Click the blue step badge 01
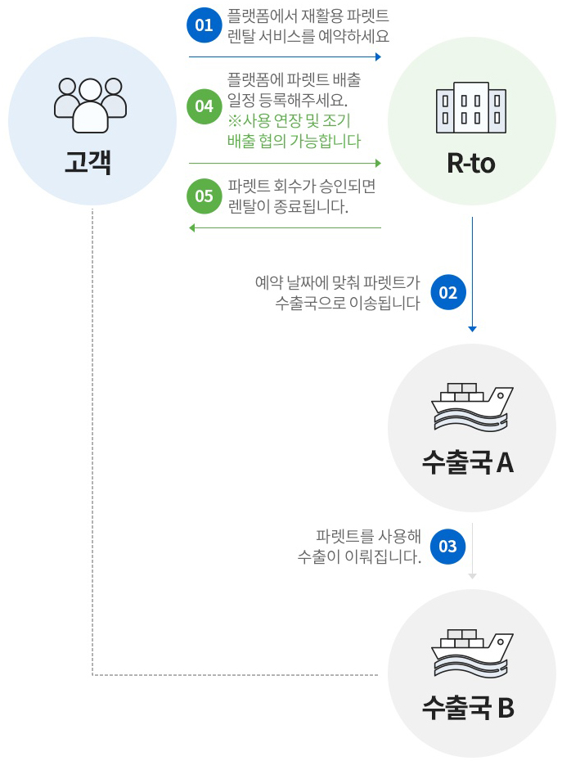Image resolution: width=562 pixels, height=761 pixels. [x=204, y=25]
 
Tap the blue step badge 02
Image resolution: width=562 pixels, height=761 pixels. [x=447, y=293]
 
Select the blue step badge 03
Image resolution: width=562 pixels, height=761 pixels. [x=447, y=547]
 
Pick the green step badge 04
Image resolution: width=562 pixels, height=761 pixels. [x=204, y=107]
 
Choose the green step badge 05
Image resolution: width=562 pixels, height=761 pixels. [x=204, y=196]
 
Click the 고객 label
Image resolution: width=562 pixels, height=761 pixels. [x=88, y=163]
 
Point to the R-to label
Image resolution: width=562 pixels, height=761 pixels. [x=471, y=163]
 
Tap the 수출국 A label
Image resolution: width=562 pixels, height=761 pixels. [x=468, y=462]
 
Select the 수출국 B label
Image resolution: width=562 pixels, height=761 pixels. [x=468, y=706]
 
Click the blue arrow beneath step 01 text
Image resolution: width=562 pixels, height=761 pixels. [x=285, y=57]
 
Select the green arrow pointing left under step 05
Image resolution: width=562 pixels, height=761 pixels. [x=285, y=227]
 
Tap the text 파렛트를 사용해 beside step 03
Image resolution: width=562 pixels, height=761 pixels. [x=368, y=537]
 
